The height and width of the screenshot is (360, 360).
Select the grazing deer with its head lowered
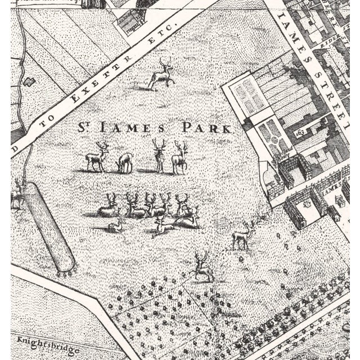[125, 162]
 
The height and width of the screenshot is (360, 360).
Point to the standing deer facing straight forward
[160, 156]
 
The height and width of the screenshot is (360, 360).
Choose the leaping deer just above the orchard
[202, 268]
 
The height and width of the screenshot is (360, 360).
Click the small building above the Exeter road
[130, 22]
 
